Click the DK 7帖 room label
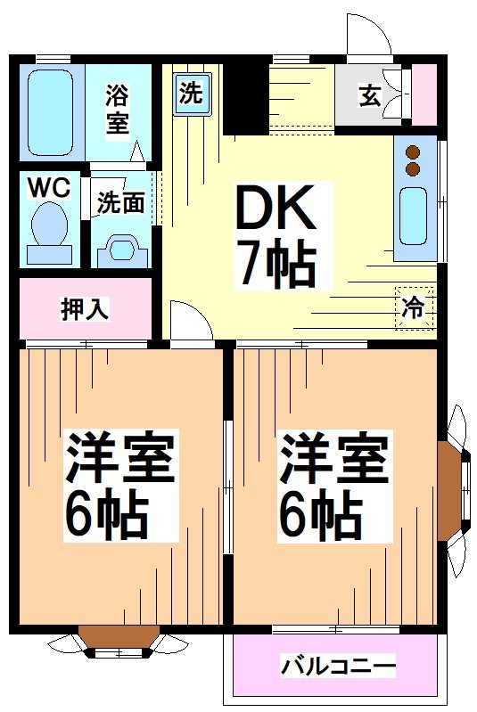[274, 235]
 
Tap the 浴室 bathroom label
[117, 109]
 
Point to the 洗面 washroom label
[121, 203]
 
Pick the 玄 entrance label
[369, 94]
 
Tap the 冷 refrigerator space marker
[413, 307]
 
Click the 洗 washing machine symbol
[191, 94]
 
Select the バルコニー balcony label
[338, 665]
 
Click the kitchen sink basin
[413, 217]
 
